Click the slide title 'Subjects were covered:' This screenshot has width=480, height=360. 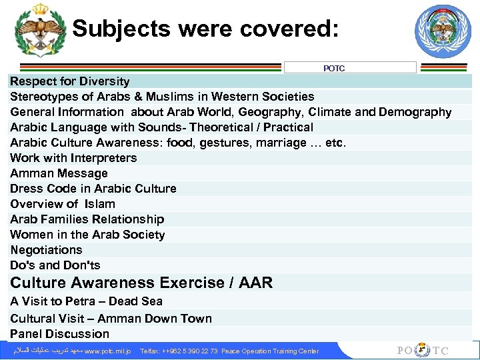point(205,29)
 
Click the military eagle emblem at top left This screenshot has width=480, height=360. point(40,31)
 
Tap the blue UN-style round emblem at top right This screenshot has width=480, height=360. point(443,31)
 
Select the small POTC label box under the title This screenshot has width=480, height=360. point(350,68)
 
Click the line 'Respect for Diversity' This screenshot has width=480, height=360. point(70,81)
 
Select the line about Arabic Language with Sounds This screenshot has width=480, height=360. point(161,127)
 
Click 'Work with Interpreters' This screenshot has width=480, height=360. point(73,158)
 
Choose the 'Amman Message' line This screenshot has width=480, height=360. point(59,173)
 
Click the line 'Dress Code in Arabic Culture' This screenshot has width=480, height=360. point(93,189)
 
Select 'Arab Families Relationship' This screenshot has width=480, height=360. point(87,219)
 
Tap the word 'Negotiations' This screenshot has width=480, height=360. point(46,250)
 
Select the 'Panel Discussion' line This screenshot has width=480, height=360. point(59,334)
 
